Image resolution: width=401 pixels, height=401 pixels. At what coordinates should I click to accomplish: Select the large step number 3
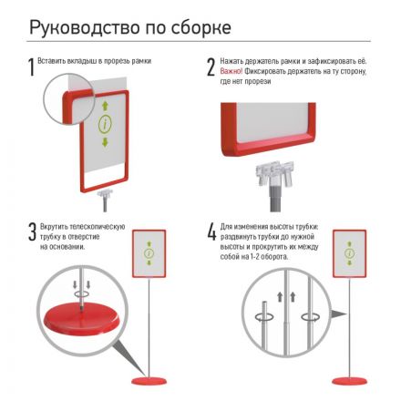[x=30, y=232]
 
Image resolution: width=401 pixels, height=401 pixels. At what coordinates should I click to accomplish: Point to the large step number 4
[x=211, y=232]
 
